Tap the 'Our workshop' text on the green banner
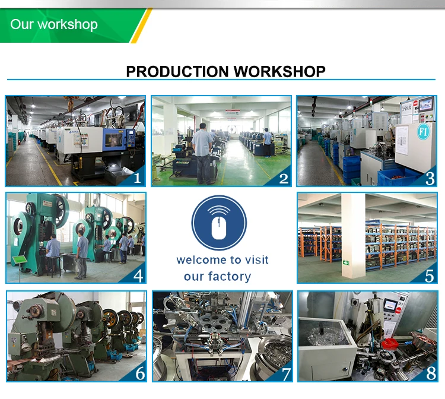54,25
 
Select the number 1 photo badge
137,178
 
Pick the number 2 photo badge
283,178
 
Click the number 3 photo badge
430,178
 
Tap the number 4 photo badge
138,275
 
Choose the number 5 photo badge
430,275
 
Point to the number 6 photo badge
140,373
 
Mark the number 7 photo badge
285,373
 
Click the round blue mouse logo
218,223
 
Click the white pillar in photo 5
352,237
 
